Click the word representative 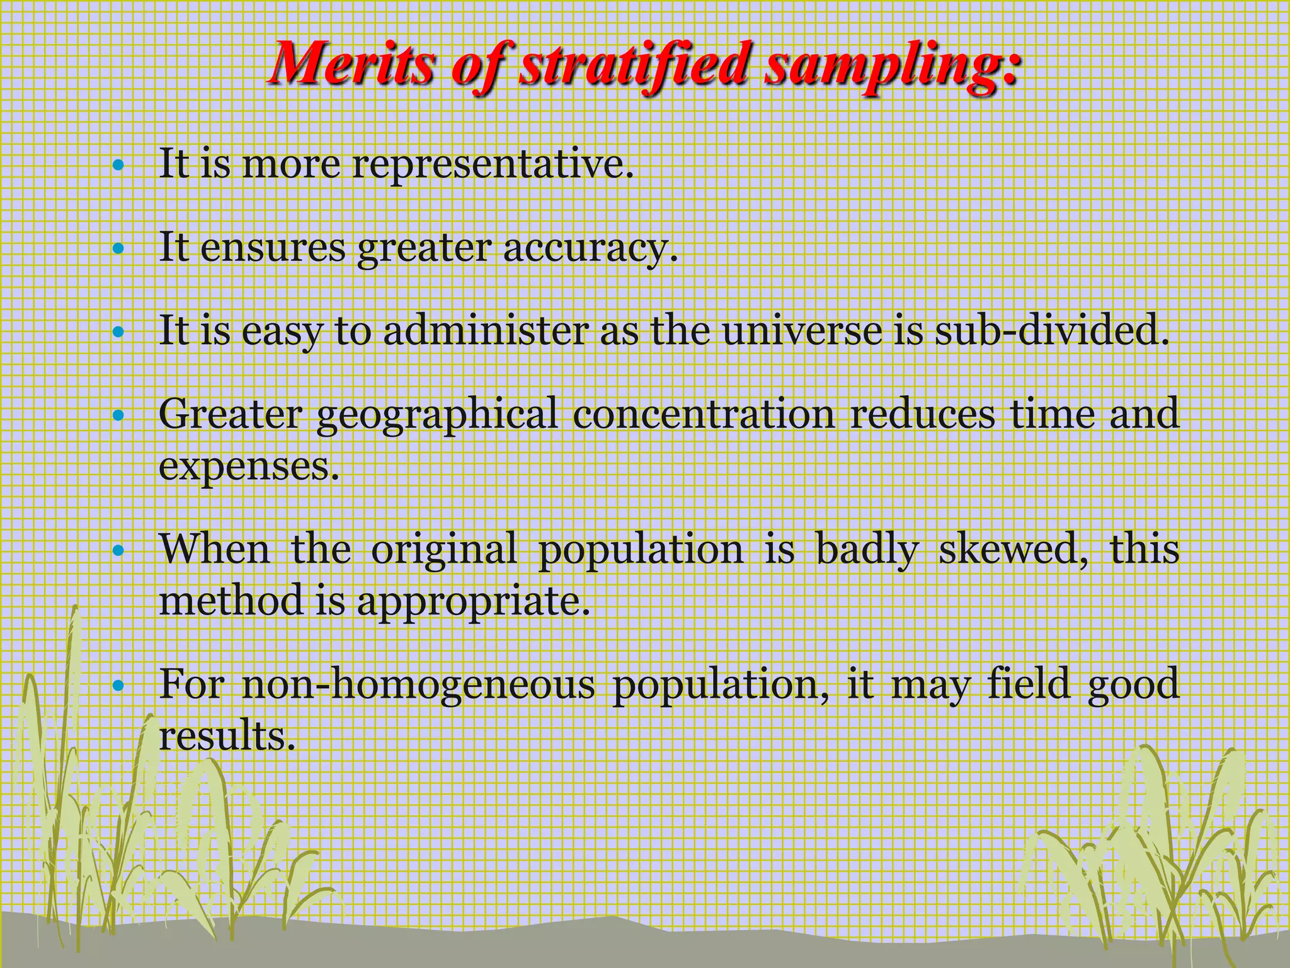pyautogui.click(x=491, y=164)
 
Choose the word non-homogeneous pyautogui.click(x=418, y=684)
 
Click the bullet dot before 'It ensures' pyautogui.click(x=117, y=249)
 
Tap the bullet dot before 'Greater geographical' pyautogui.click(x=117, y=415)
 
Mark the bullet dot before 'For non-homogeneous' pyautogui.click(x=117, y=685)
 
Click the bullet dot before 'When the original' pyautogui.click(x=117, y=550)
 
